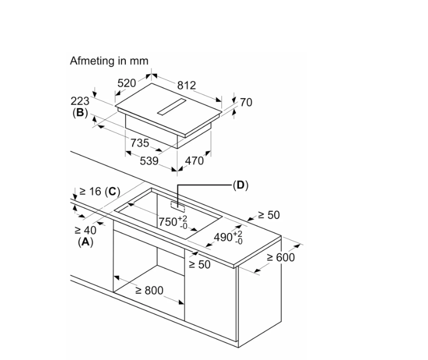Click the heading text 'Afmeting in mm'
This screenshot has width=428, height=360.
click(109, 61)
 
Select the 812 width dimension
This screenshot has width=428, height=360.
click(187, 85)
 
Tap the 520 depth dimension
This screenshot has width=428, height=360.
click(127, 83)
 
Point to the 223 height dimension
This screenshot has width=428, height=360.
click(80, 101)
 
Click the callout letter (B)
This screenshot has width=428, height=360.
click(80, 113)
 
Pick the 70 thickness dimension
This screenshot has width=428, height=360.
click(246, 103)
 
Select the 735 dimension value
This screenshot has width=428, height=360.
click(139, 143)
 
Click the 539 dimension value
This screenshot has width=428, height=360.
click(149, 160)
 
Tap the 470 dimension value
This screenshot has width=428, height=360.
click(194, 160)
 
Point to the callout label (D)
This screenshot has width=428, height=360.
click(241, 186)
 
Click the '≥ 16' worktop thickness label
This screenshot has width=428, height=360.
click(90, 191)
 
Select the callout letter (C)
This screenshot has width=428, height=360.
click(113, 192)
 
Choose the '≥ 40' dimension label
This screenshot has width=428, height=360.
click(85, 230)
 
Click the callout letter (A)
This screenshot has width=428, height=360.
click(85, 242)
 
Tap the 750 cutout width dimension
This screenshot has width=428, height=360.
click(173, 222)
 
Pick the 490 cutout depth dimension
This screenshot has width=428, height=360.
click(228, 237)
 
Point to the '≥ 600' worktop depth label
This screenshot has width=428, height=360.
click(281, 257)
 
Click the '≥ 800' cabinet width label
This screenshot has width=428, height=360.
click(149, 290)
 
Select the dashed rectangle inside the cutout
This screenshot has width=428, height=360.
click(178, 207)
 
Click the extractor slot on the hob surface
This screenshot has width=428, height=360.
click(172, 106)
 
